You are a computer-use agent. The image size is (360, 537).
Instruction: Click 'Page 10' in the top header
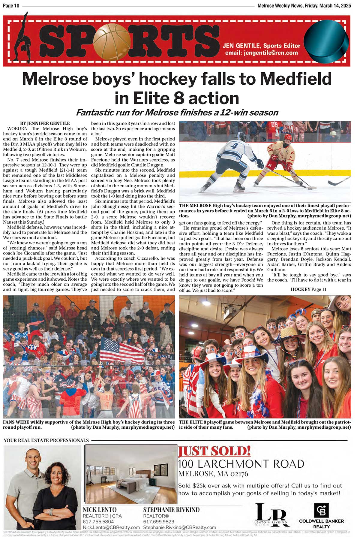tap(11, 6)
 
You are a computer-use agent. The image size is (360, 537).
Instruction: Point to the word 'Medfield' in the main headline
tap(295, 79)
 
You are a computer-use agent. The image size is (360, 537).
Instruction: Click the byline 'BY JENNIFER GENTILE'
tap(45, 123)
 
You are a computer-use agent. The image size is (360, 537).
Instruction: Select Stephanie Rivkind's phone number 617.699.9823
tap(159, 522)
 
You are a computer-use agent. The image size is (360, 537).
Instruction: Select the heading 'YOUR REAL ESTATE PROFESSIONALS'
tap(46, 440)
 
